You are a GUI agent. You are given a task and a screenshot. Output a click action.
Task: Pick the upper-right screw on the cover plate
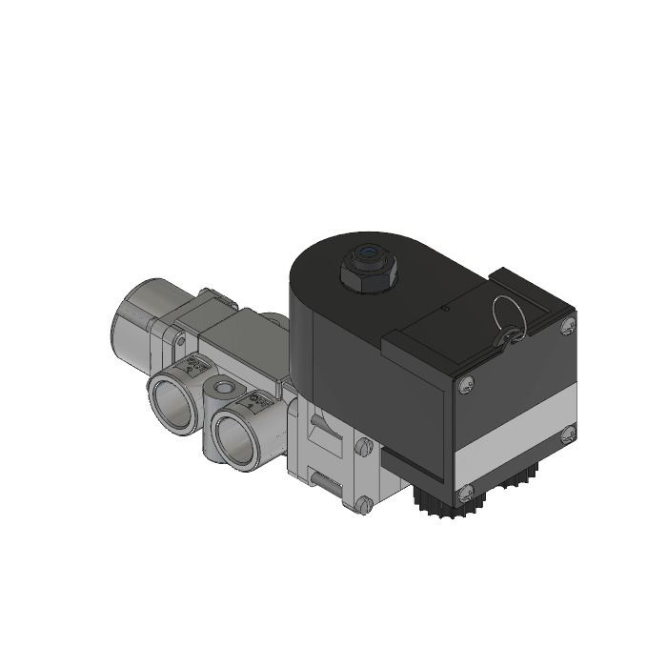tap(569, 327)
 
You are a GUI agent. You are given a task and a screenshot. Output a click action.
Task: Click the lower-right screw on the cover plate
tap(569, 434)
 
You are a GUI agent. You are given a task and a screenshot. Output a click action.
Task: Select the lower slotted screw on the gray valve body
tap(361, 504)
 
